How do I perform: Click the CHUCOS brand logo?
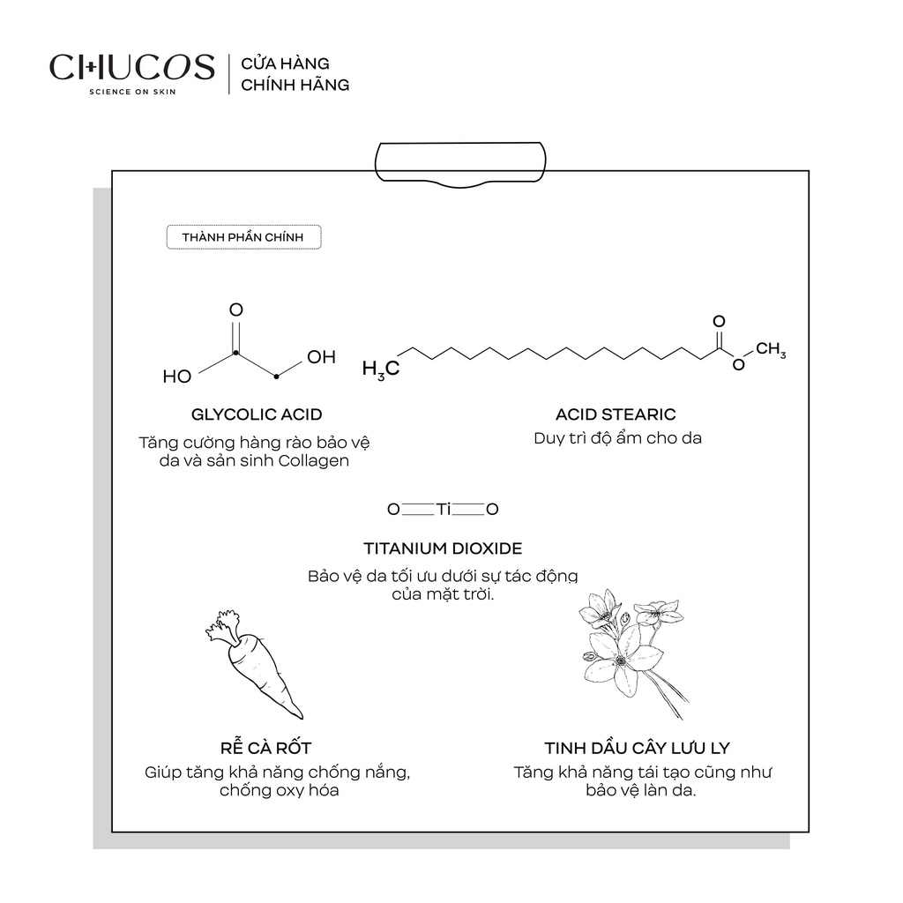pyautogui.click(x=132, y=67)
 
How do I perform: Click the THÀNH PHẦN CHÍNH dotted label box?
pyautogui.click(x=243, y=237)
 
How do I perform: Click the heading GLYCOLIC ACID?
pyautogui.click(x=257, y=414)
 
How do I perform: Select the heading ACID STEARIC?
pyautogui.click(x=616, y=414)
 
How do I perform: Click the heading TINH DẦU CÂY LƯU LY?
pyautogui.click(x=637, y=749)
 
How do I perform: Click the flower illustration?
pyautogui.click(x=629, y=648)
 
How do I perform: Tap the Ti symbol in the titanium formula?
pyautogui.click(x=443, y=509)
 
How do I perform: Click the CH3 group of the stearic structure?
pyautogui.click(x=771, y=350)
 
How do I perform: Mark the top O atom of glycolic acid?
pyautogui.click(x=235, y=310)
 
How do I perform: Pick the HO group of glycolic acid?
pyautogui.click(x=176, y=377)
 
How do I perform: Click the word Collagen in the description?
pyautogui.click(x=314, y=461)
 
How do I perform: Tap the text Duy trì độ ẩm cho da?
pyautogui.click(x=617, y=438)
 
